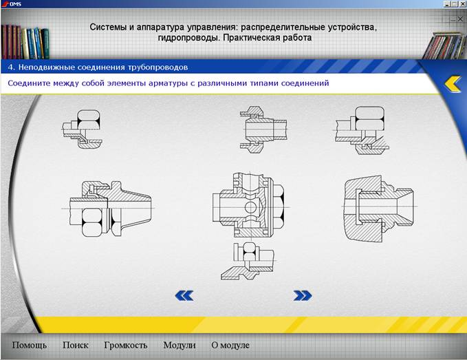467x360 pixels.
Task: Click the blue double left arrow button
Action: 184,295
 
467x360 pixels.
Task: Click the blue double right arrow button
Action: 303,295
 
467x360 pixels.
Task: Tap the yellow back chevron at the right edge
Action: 453,83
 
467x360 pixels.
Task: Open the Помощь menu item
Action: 29,345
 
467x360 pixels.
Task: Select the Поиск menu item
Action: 76,345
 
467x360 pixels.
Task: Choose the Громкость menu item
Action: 126,346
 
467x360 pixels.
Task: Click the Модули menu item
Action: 180,346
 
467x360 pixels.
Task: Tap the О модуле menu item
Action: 230,346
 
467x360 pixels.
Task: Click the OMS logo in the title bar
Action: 11,4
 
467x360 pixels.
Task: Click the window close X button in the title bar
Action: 463,4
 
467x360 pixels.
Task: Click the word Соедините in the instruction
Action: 28,83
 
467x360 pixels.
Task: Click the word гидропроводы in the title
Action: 189,38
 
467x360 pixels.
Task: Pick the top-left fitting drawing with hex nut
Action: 82,129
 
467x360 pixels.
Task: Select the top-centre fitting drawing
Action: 263,129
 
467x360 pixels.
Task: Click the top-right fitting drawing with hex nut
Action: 361,130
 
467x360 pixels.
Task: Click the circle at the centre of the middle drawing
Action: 251,207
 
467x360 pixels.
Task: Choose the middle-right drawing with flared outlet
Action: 379,208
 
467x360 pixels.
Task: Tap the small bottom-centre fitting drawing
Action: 248,261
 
